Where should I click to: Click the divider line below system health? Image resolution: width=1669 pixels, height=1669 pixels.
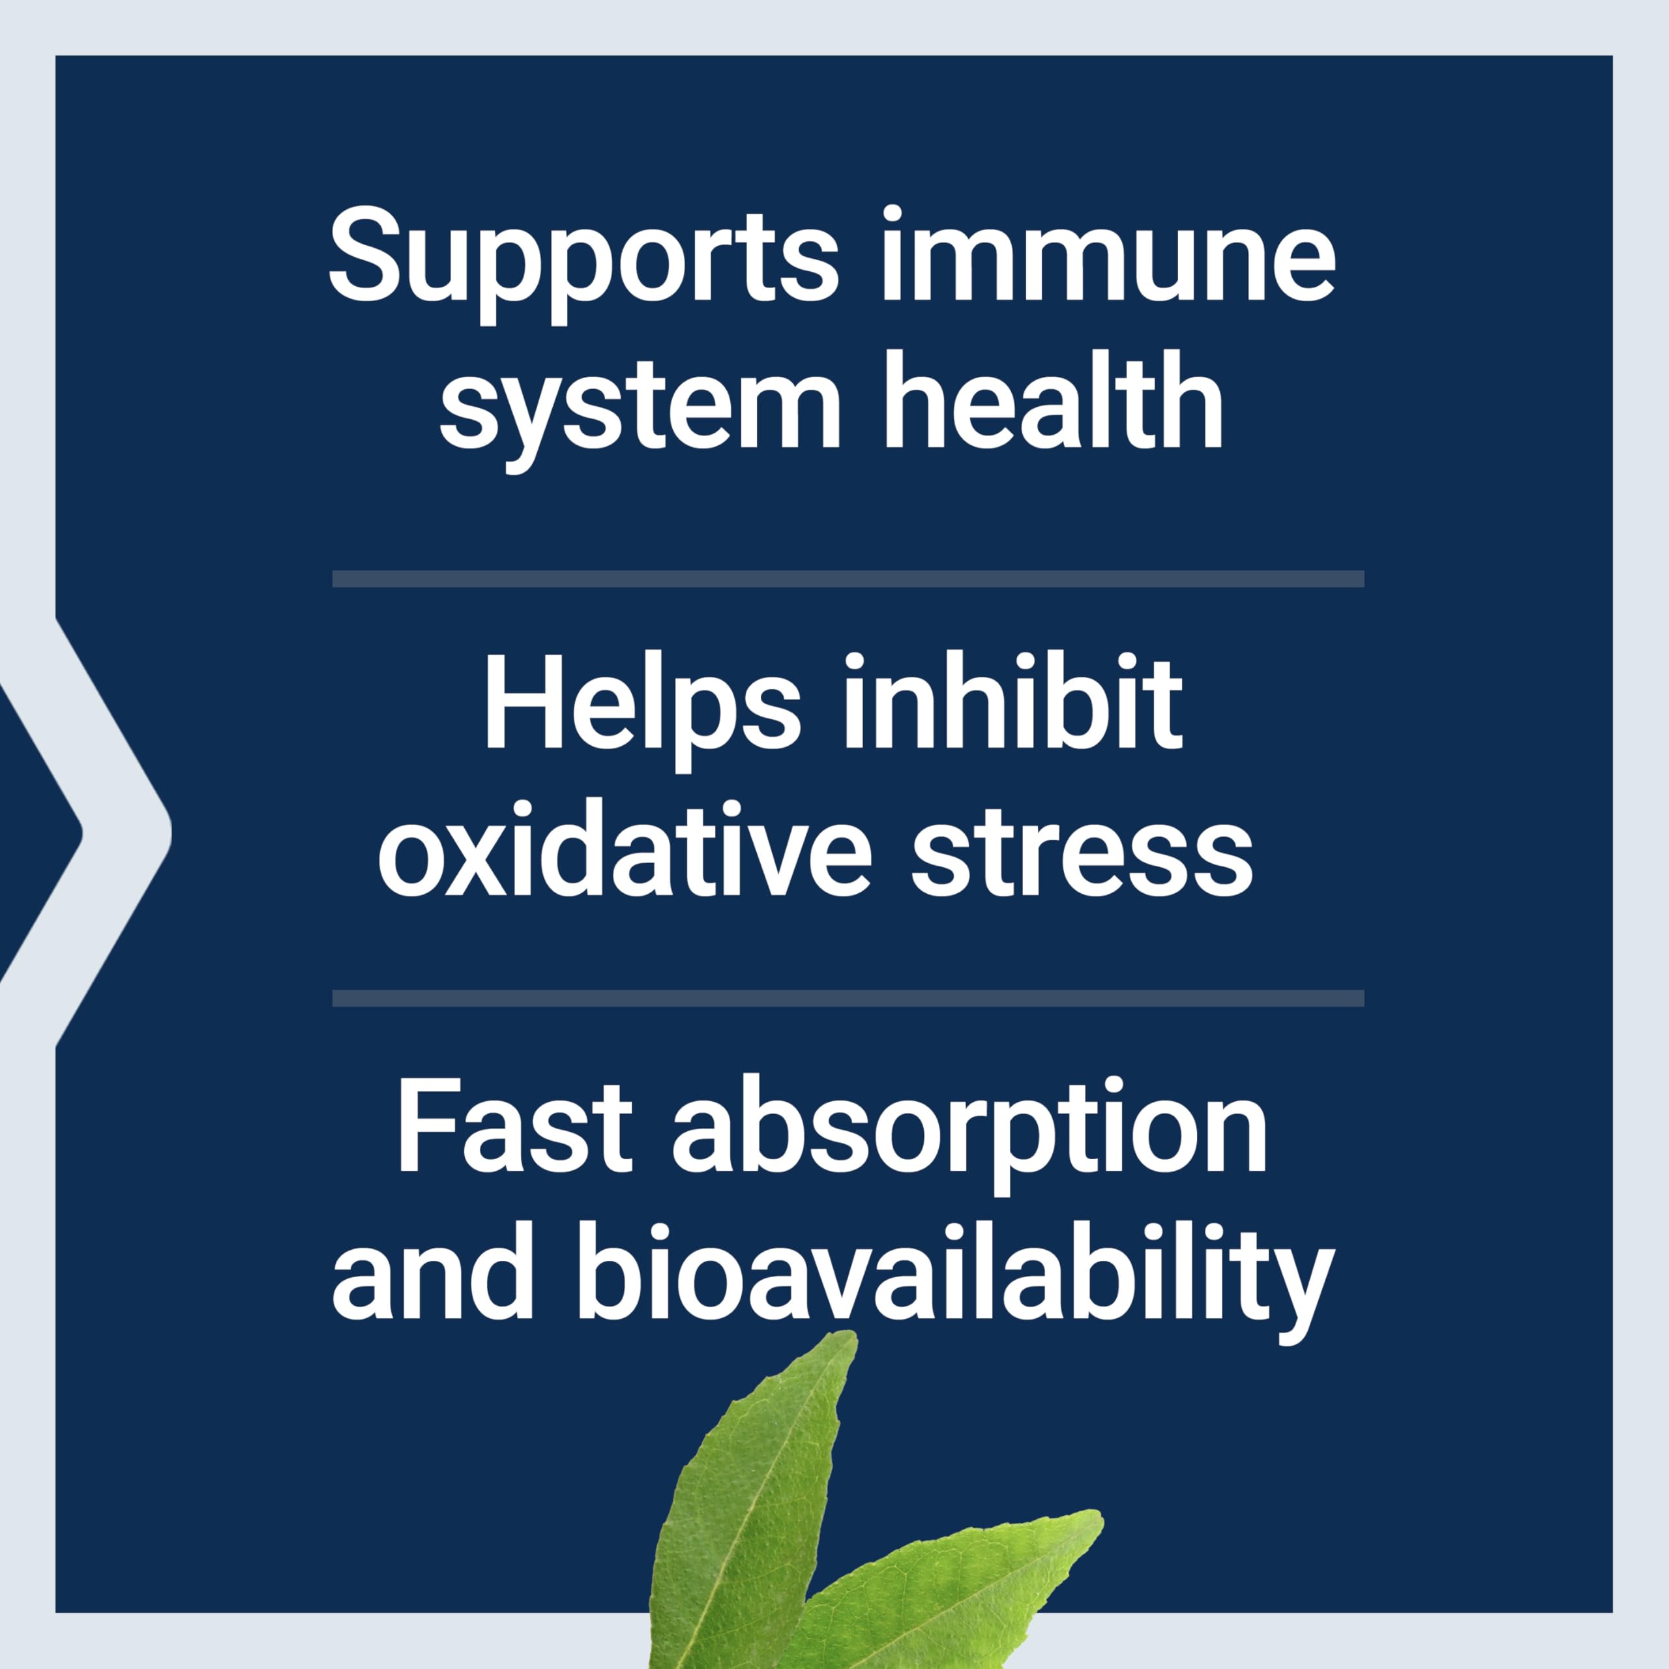point(848,579)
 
